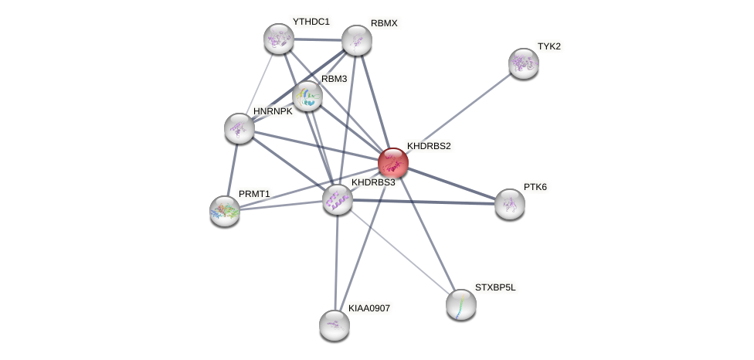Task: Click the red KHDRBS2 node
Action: [x=392, y=163]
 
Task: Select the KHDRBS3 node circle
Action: [x=337, y=199]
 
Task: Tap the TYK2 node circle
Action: [x=523, y=63]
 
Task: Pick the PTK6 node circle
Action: [x=509, y=204]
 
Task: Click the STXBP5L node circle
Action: [x=460, y=304]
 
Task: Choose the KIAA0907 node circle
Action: [x=334, y=324]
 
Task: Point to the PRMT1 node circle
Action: [x=225, y=210]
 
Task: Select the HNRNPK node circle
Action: [x=239, y=127]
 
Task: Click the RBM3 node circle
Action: [x=307, y=96]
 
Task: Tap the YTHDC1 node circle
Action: [x=278, y=39]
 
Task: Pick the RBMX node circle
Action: [x=356, y=40]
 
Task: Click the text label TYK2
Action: [x=549, y=46]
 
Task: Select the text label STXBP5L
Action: [x=495, y=287]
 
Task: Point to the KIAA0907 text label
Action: [x=369, y=308]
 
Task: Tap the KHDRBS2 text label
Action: [x=429, y=145]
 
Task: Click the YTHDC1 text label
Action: [x=311, y=22]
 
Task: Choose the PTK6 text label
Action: [x=535, y=187]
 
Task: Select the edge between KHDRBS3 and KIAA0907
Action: [x=335, y=263]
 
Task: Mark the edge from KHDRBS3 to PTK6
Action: [x=423, y=202]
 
